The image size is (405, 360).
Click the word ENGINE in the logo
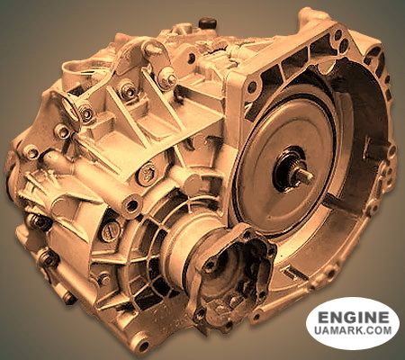(353, 318)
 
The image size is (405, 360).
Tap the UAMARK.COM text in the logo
(353, 333)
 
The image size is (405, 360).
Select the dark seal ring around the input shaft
(293, 172)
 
